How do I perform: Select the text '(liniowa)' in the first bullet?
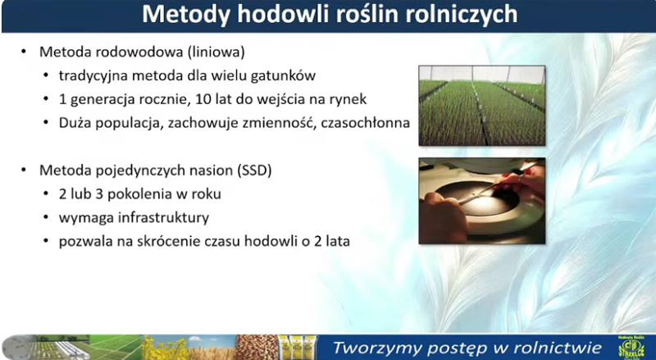[x=216, y=52]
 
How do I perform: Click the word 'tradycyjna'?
[x=93, y=76]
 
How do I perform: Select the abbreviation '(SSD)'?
[x=254, y=171]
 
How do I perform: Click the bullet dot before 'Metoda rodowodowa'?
[x=24, y=52]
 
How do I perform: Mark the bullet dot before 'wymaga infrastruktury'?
[x=46, y=217]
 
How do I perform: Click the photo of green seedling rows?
[x=482, y=106]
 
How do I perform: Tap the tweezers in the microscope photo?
[x=494, y=185]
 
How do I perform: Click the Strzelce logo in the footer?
[x=631, y=348]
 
